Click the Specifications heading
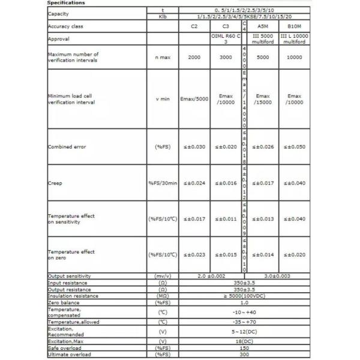pos(66,3)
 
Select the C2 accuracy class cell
pos(194,27)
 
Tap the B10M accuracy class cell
pos(295,27)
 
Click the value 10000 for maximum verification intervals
pos(295,57)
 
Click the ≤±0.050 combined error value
pos(295,146)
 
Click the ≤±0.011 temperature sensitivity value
pos(226,219)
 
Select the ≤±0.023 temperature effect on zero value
pos(194,254)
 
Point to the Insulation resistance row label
pos(74,295)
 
